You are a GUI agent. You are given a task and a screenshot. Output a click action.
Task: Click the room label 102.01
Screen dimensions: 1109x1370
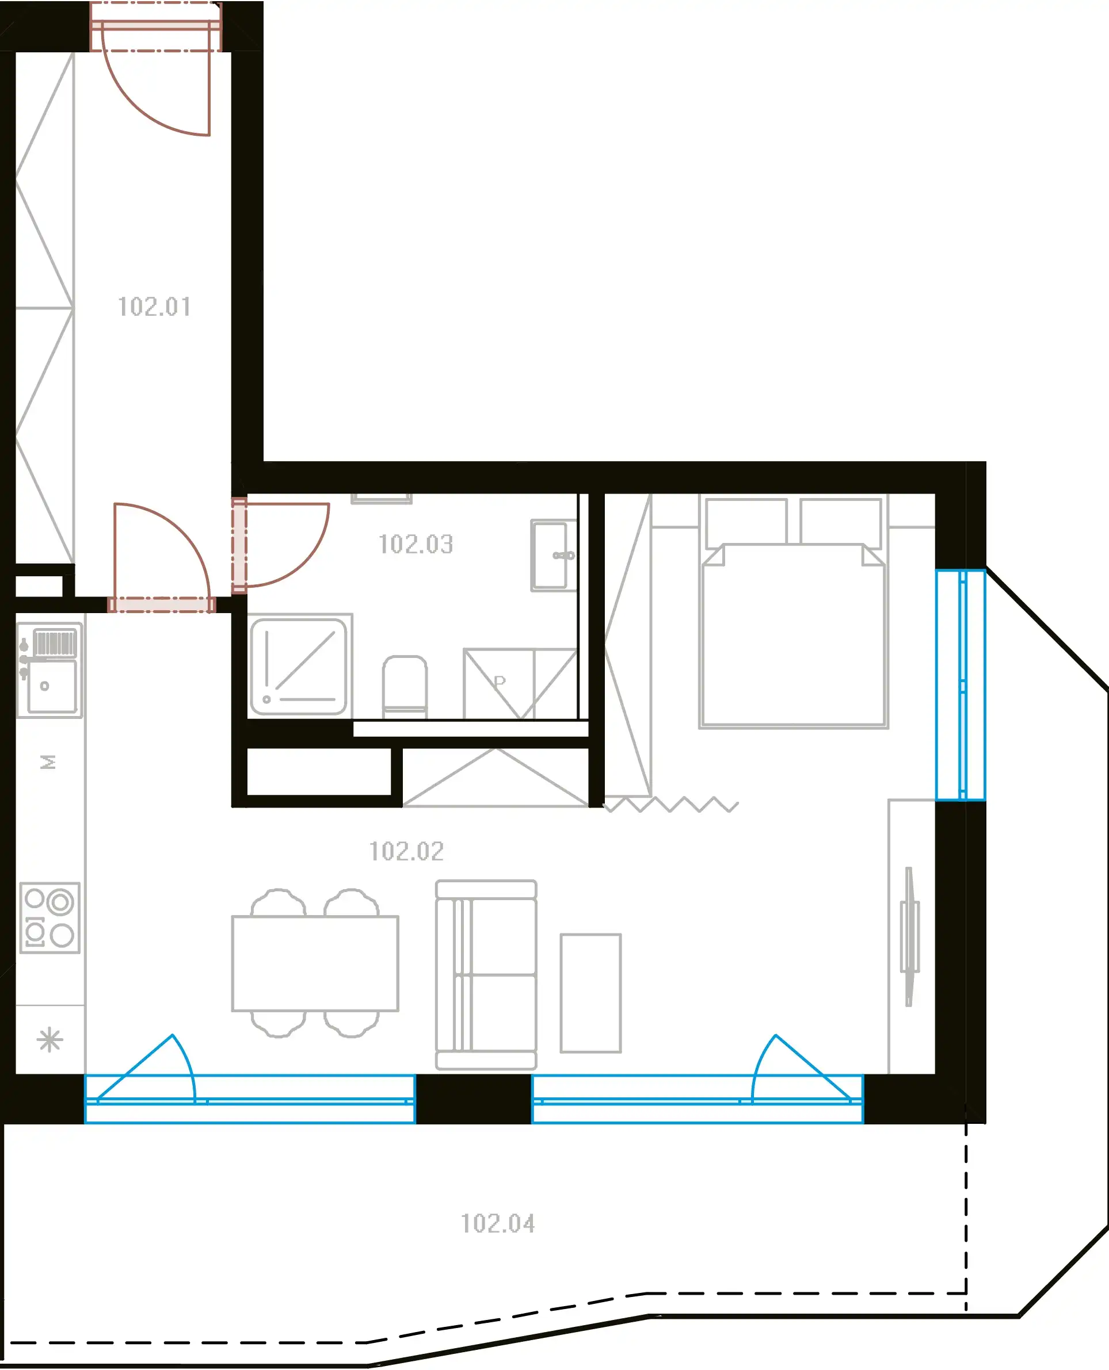[x=155, y=307]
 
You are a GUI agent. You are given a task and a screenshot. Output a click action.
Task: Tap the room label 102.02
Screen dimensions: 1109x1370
[x=406, y=852]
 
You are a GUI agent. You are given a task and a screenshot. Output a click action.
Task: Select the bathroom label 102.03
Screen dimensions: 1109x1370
[x=416, y=545]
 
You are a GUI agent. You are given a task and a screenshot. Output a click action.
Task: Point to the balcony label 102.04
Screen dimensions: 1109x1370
[x=498, y=1224]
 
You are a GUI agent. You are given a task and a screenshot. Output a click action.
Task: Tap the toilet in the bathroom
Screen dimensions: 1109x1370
[x=405, y=687]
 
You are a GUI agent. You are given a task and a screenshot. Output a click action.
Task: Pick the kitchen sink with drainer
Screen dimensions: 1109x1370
[x=50, y=670]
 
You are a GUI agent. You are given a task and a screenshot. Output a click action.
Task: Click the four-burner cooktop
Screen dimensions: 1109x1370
[x=50, y=918]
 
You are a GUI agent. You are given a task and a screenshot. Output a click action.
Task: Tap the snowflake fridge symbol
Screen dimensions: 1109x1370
[x=50, y=1040]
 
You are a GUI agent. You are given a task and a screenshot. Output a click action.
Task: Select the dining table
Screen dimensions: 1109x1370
[x=315, y=964]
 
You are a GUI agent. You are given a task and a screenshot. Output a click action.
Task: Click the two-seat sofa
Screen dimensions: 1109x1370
[x=486, y=975]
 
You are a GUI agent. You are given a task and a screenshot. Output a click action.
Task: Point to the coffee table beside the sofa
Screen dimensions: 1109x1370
[x=591, y=993]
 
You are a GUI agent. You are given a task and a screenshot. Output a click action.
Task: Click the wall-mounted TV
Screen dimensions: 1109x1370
[x=910, y=936]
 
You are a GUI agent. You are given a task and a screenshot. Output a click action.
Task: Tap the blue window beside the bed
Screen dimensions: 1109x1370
[x=961, y=684]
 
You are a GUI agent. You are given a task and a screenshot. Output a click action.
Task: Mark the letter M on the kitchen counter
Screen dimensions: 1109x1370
[x=48, y=762]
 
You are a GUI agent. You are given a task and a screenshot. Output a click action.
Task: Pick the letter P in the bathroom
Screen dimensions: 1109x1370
[x=500, y=681]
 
